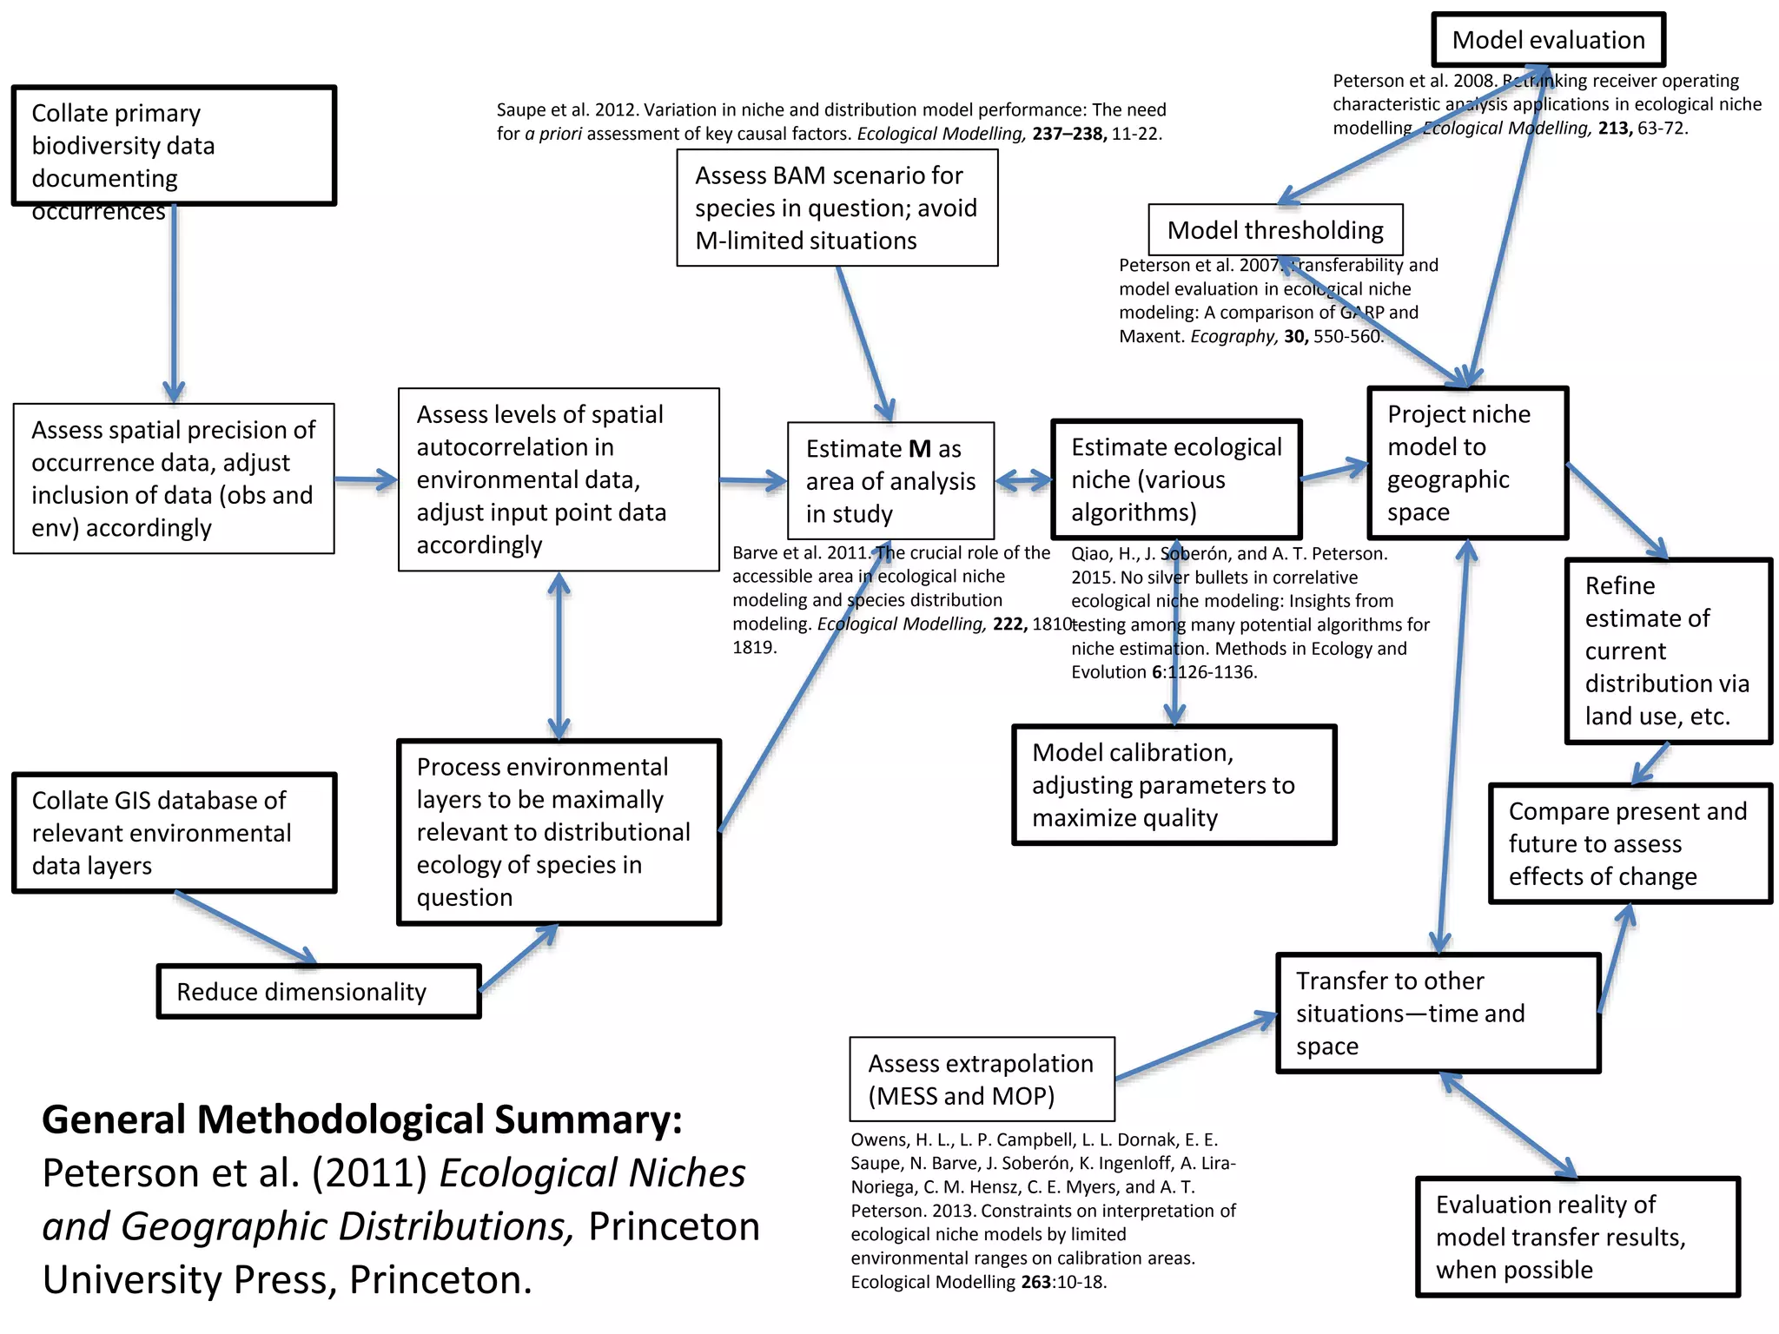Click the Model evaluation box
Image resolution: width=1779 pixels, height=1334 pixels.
(x=1548, y=40)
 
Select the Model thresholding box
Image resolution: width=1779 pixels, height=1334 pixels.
(x=1274, y=230)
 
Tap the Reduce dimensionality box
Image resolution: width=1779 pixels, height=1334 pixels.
(x=318, y=991)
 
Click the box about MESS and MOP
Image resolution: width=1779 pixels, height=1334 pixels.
(x=982, y=1079)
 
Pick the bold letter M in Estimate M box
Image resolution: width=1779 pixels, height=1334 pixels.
(x=919, y=449)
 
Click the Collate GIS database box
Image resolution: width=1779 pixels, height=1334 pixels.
(x=174, y=832)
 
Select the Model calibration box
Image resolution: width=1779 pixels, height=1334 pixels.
(x=1173, y=784)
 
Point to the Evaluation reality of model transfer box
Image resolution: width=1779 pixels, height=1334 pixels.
(x=1577, y=1236)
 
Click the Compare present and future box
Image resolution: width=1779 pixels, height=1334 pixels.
(x=1630, y=843)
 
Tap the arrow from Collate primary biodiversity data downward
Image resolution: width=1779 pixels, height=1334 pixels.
(x=174, y=304)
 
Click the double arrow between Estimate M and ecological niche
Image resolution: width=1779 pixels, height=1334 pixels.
(x=1022, y=480)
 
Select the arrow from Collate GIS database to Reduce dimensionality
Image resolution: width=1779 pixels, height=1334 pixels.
(x=246, y=928)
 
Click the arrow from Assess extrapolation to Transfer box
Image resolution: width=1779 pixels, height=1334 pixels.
(x=1195, y=1047)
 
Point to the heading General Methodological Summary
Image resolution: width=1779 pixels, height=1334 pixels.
(x=362, y=1119)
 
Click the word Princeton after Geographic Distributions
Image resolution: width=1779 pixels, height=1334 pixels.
(x=673, y=1226)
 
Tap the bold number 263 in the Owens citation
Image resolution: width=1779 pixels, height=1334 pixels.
(x=1035, y=1282)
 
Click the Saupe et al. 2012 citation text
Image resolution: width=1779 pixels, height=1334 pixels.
(x=830, y=122)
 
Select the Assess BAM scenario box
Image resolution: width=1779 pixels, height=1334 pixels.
(x=837, y=208)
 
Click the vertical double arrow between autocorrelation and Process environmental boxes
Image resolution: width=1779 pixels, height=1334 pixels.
(x=559, y=656)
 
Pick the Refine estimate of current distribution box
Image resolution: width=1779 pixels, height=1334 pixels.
(x=1667, y=650)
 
